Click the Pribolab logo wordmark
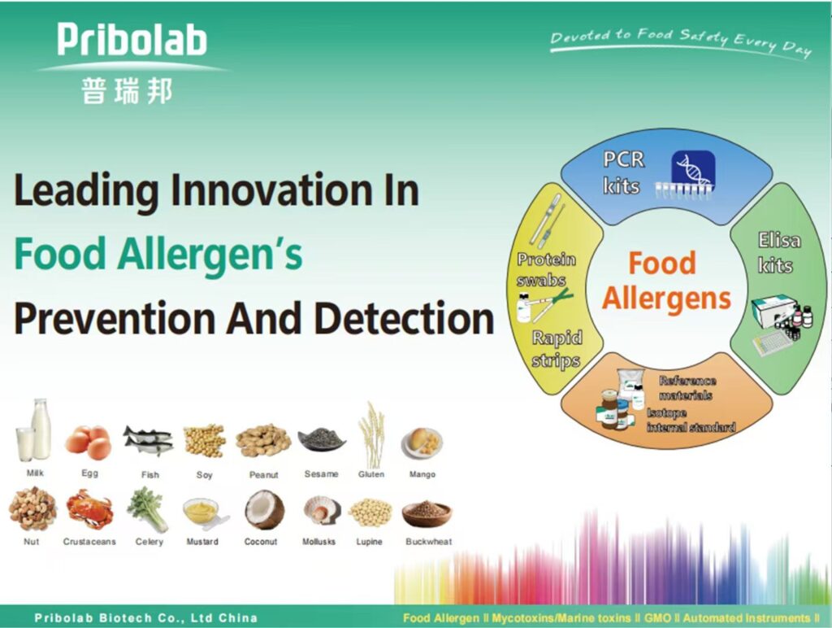tap(132, 39)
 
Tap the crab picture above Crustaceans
tap(89, 510)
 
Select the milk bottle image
tap(34, 430)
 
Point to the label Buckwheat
tap(429, 542)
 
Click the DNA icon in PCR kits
tap(693, 170)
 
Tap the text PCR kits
tap(623, 172)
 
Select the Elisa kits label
tap(778, 252)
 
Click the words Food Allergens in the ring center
tap(666, 281)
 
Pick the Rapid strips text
tap(556, 348)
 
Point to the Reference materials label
tap(687, 388)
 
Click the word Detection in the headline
tap(405, 318)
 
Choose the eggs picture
tap(89, 442)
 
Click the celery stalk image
tap(148, 510)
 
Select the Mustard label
tap(202, 542)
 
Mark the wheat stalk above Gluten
tap(371, 434)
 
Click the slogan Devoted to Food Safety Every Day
tap(682, 41)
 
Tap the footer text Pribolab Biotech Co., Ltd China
tap(146, 618)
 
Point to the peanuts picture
tap(263, 440)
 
